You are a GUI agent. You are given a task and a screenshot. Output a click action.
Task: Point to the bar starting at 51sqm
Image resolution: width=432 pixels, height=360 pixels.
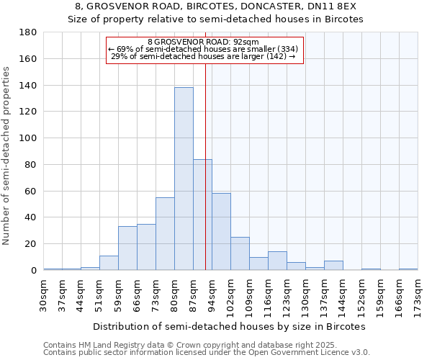click(x=109, y=263)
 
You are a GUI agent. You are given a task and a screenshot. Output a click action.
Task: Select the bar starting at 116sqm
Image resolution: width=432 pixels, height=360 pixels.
click(x=277, y=261)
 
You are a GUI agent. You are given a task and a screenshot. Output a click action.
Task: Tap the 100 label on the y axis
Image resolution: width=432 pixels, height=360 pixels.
click(x=29, y=138)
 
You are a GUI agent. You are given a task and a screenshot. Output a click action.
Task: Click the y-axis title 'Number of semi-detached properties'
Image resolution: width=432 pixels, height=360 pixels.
click(x=7, y=156)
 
